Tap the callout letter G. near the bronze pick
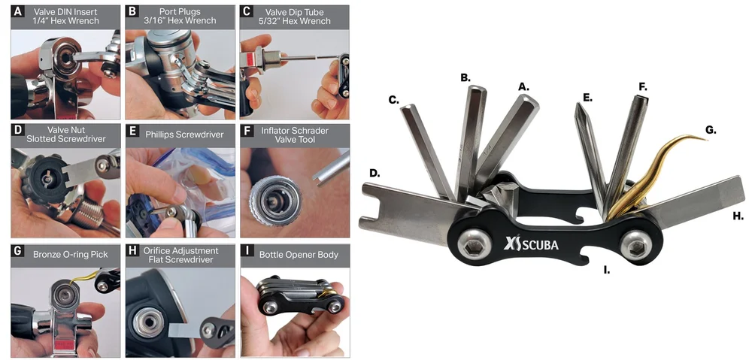(x=710, y=129)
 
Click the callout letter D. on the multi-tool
(x=375, y=174)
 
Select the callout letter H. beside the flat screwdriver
(x=738, y=216)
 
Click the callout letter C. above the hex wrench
(x=393, y=98)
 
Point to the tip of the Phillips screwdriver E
(x=578, y=105)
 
